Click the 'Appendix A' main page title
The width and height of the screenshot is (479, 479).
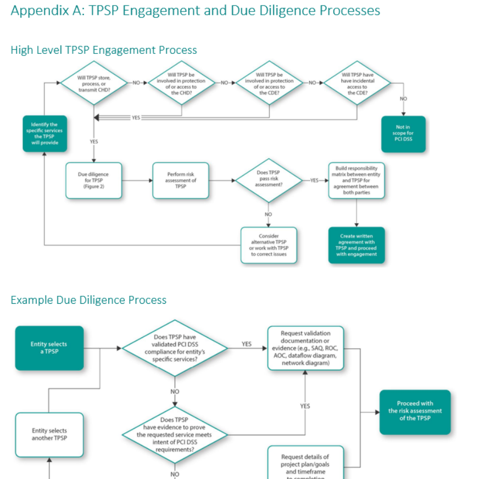(195, 10)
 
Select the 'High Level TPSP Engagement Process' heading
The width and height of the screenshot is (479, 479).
(103, 50)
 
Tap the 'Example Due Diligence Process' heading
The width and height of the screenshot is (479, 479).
(88, 300)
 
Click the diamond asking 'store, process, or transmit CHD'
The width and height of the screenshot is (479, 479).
(93, 83)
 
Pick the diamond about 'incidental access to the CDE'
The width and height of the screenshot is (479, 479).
(357, 83)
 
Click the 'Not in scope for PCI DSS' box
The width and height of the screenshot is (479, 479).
(403, 133)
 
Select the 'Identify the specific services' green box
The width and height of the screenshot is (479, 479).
(44, 133)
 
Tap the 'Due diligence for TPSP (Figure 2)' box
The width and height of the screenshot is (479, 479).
(93, 180)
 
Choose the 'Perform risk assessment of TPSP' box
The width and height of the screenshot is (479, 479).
(181, 180)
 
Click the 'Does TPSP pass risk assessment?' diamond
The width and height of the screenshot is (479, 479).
(268, 179)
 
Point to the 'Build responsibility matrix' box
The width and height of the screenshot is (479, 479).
(357, 180)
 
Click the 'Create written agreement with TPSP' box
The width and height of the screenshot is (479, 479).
(357, 245)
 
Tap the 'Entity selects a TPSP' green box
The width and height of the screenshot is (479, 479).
(49, 348)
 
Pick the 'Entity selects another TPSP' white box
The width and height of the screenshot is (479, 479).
(49, 435)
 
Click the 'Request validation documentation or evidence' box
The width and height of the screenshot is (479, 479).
(305, 348)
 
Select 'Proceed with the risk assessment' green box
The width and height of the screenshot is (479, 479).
(415, 411)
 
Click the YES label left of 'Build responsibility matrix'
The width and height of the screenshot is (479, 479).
(314, 180)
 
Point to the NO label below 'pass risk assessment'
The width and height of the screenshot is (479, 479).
(268, 214)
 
